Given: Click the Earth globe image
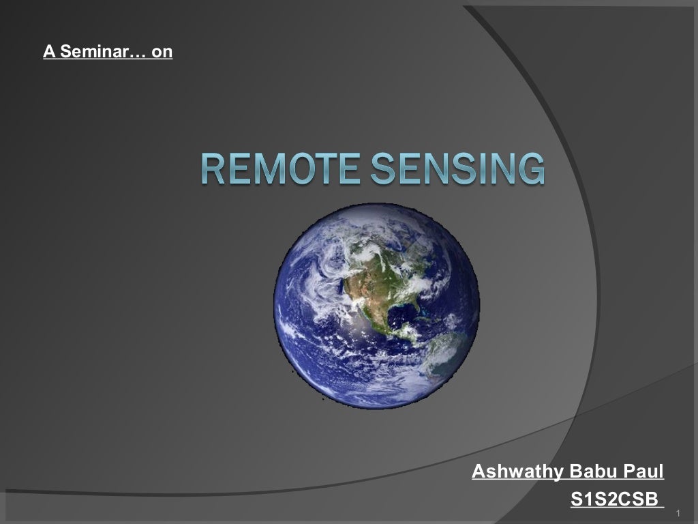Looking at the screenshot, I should tap(376, 306).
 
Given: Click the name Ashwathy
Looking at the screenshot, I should tap(517, 471).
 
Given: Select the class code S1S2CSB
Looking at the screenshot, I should tap(614, 499).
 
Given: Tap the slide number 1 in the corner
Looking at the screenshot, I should tap(679, 512).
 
